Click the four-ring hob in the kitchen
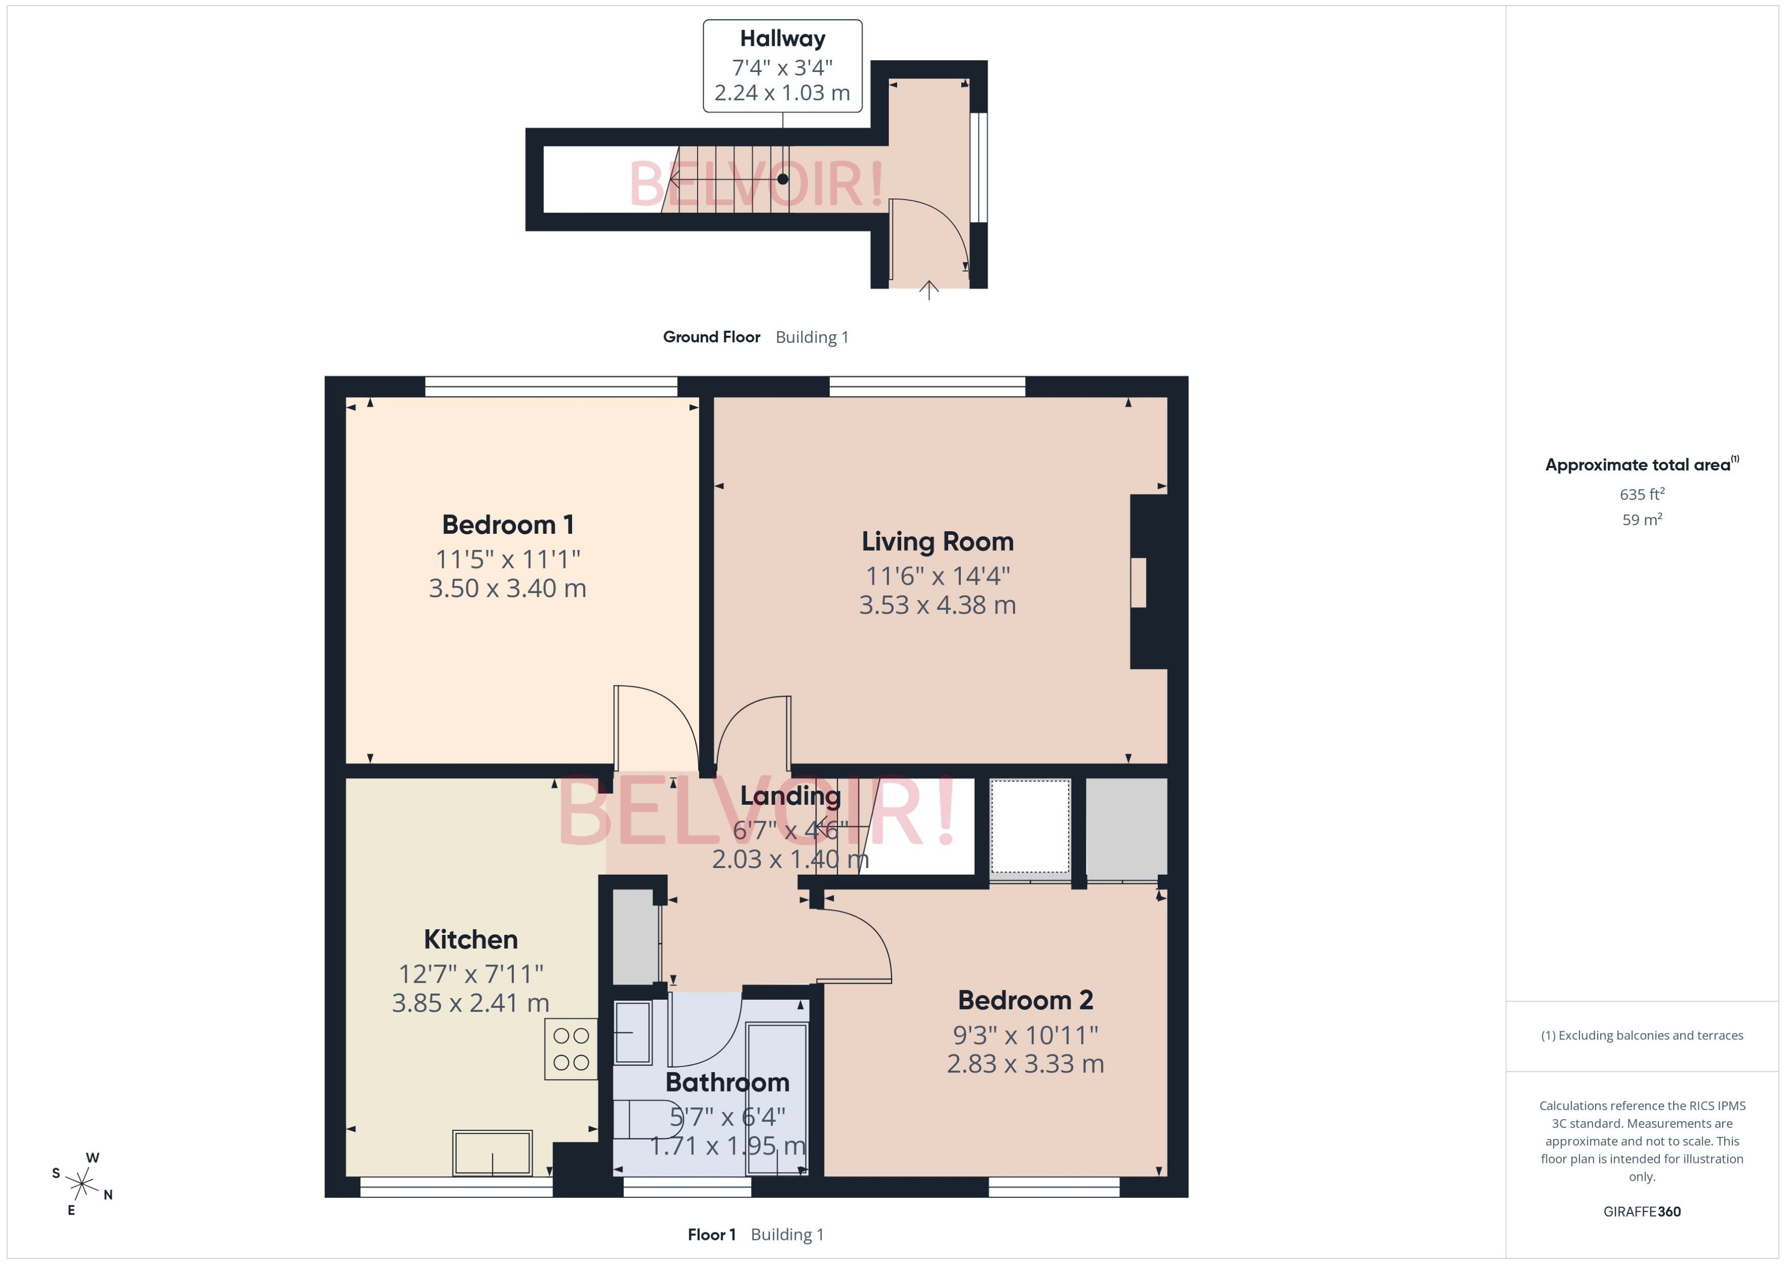(x=570, y=1049)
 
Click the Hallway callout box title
(x=782, y=38)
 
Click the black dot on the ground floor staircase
(x=782, y=179)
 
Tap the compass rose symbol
(x=81, y=1184)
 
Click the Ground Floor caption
(x=711, y=337)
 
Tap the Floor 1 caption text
(x=711, y=1234)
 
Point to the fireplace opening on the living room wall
(x=1138, y=582)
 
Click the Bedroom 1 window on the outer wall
(x=551, y=386)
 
